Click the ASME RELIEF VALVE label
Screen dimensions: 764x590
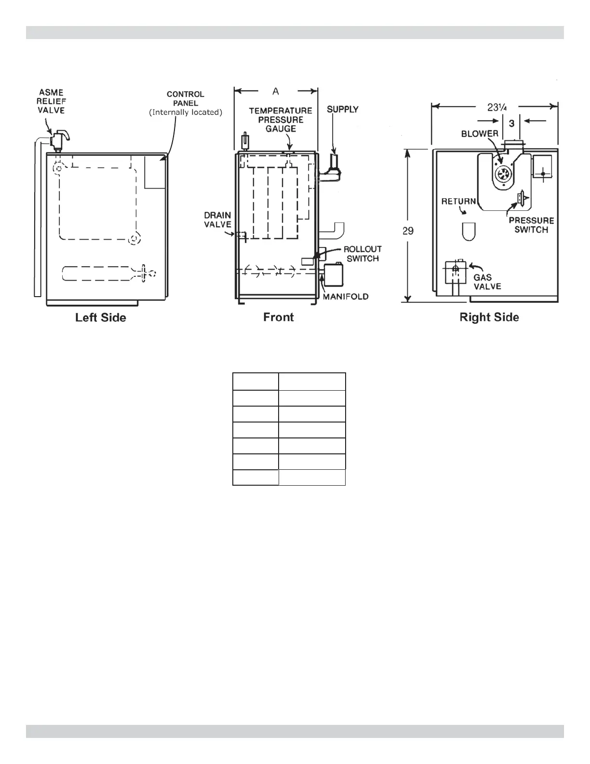(51, 101)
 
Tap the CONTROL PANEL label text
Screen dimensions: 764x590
(186, 103)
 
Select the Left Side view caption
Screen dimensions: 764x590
(100, 317)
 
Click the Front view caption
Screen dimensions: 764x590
(278, 317)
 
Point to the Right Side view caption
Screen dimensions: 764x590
(489, 317)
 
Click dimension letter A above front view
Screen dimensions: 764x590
(276, 91)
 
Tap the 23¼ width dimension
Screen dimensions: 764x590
(496, 107)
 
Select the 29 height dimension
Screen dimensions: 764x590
(408, 231)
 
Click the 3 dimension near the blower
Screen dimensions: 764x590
(512, 123)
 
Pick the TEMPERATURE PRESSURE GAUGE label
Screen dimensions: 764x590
(281, 120)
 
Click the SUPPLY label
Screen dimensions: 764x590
(343, 109)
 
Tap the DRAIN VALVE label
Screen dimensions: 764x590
(217, 219)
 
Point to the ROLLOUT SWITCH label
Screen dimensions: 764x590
(362, 254)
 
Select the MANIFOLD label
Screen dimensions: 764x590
(346, 297)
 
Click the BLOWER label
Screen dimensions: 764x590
(480, 134)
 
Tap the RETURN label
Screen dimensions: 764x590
(458, 202)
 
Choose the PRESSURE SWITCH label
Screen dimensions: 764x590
(531, 225)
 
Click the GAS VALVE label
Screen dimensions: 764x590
(487, 282)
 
